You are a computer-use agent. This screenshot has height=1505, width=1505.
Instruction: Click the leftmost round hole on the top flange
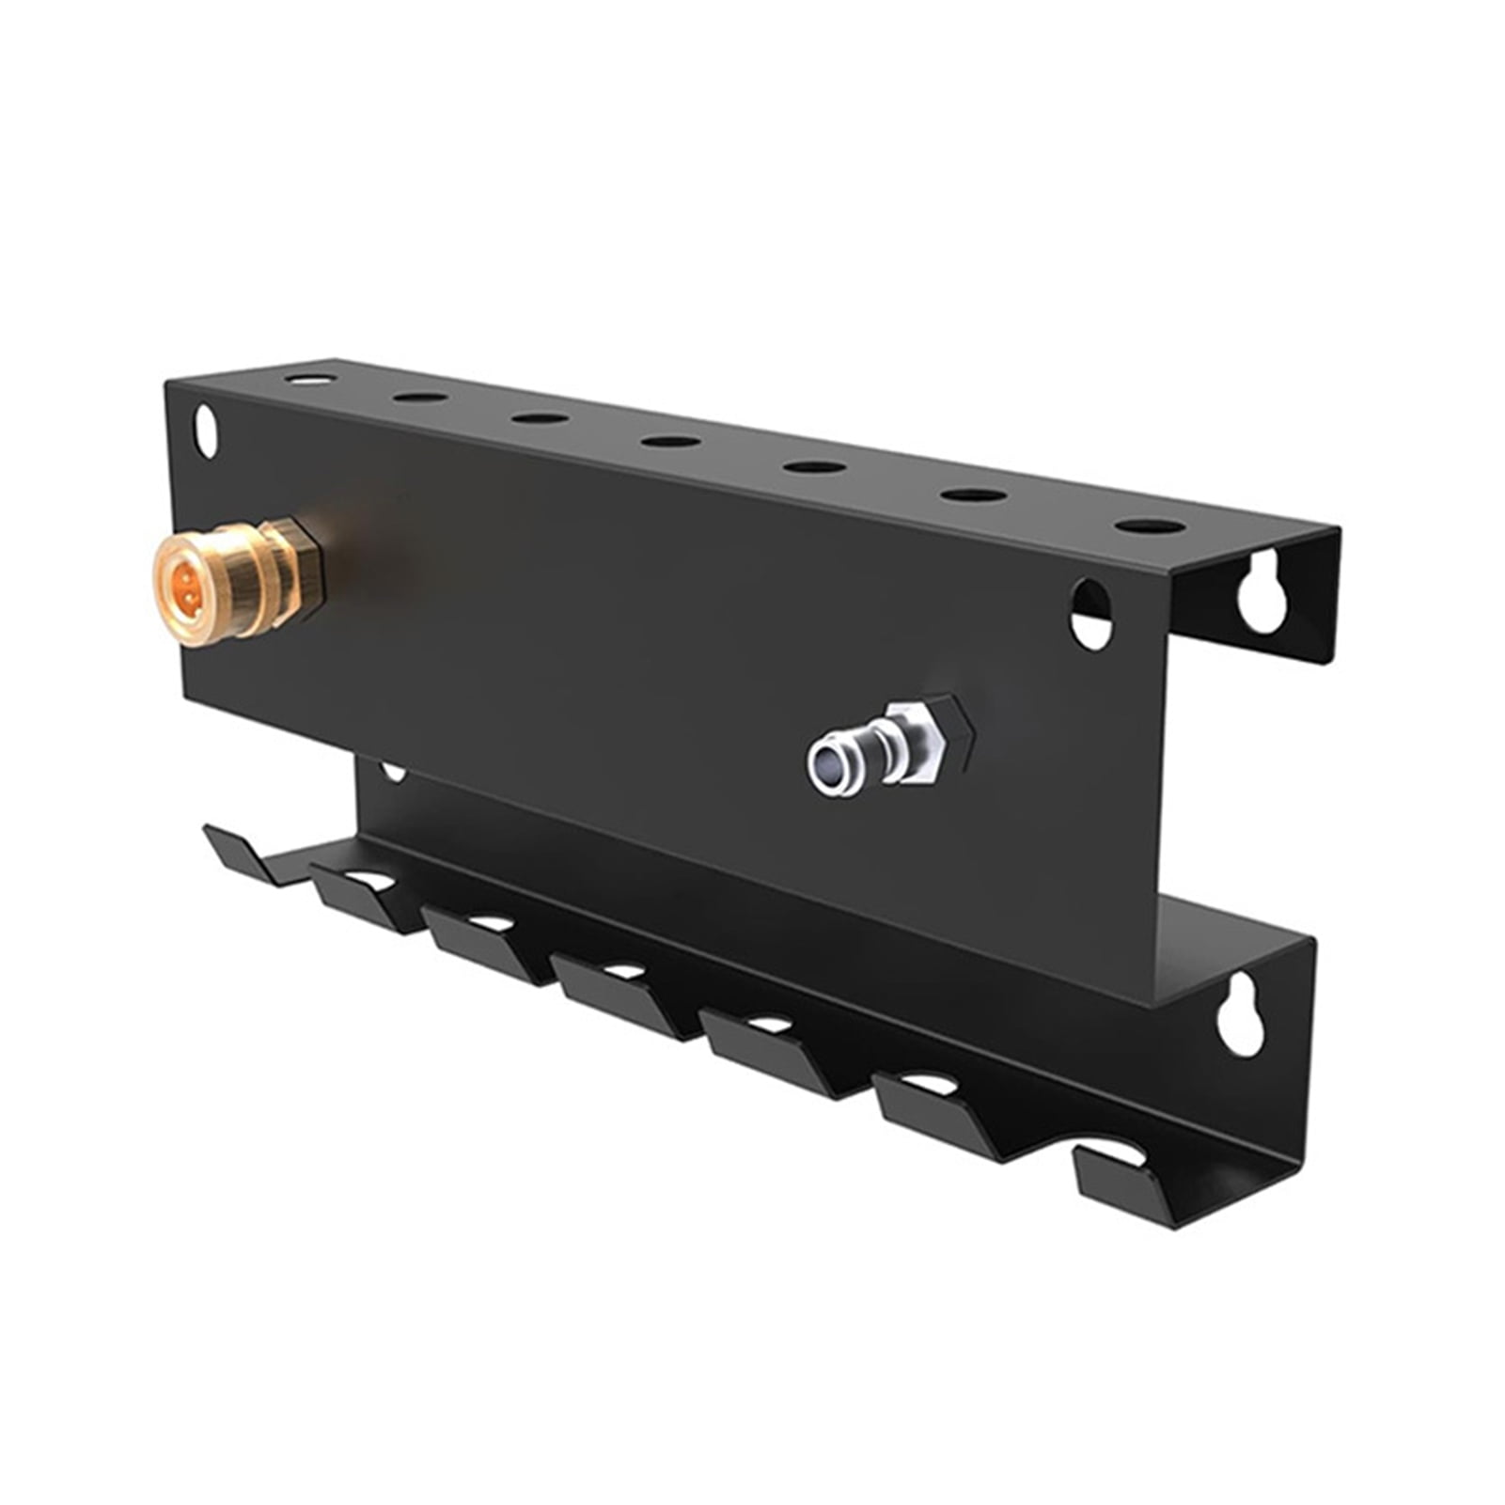point(310,380)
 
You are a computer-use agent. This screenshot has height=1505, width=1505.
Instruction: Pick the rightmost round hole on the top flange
point(1150,526)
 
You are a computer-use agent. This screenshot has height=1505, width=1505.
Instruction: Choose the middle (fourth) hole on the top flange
point(671,440)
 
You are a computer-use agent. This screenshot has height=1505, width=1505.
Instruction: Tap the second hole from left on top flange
point(420,397)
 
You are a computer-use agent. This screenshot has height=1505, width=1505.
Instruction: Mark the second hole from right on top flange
point(973,494)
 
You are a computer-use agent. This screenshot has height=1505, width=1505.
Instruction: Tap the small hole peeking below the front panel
point(393,773)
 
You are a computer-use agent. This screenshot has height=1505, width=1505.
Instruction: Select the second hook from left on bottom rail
point(362,898)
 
